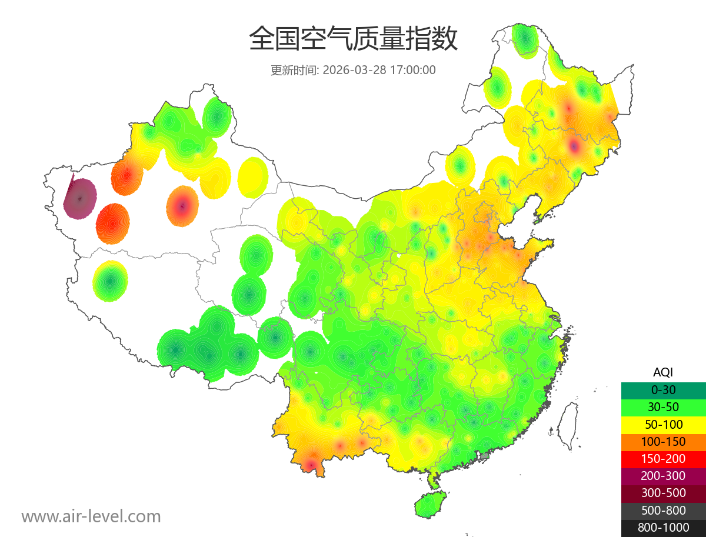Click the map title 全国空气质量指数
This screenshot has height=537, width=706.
coord(353,39)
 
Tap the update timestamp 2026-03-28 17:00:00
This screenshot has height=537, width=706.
coord(379,70)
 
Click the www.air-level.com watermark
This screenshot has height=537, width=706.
coord(91,516)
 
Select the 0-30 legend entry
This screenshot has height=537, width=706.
coord(663,390)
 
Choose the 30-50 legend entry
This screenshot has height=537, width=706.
coord(663,407)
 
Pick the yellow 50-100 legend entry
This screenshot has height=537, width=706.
coord(663,424)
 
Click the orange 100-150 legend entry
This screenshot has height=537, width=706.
coord(663,441)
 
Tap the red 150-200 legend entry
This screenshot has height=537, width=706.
coord(663,459)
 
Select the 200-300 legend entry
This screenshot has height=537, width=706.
coord(663,476)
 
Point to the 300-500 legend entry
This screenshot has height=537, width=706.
coord(663,493)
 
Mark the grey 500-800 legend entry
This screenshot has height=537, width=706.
coord(663,511)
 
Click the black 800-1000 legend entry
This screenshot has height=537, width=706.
coord(663,528)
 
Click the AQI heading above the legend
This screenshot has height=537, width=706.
coord(663,372)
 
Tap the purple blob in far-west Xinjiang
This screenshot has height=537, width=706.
coord(80,199)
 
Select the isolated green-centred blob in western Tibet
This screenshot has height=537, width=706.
coord(110,281)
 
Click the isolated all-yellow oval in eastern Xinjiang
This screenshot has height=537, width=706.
coord(253,177)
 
